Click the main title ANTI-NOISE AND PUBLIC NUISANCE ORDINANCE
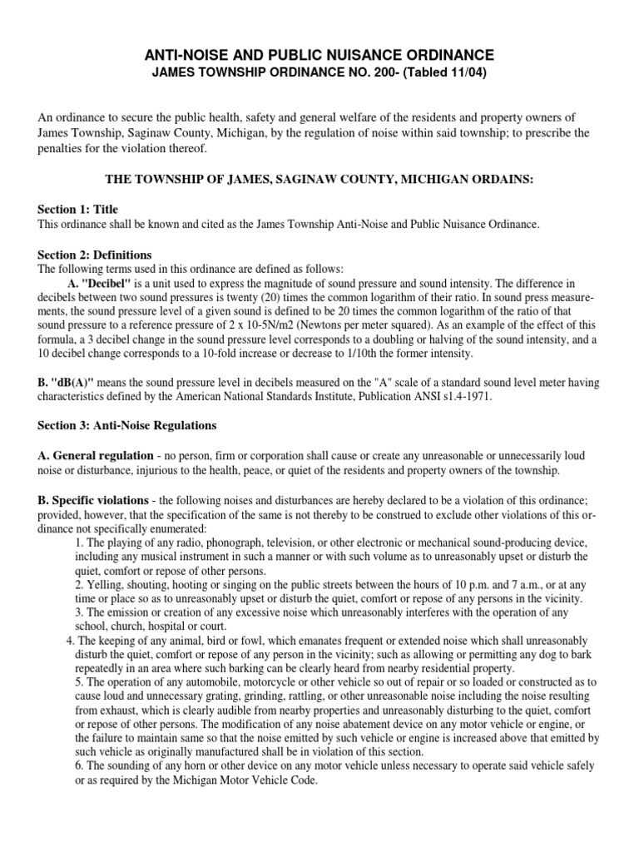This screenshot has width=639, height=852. coord(319,55)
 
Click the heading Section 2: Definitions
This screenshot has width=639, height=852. coord(95,255)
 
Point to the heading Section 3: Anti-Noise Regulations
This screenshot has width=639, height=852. coord(127,425)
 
